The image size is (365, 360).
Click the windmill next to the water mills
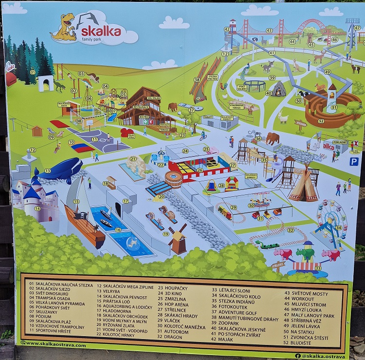(179, 239)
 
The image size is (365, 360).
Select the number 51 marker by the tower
(334, 107)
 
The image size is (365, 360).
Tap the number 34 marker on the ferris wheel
(339, 227)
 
